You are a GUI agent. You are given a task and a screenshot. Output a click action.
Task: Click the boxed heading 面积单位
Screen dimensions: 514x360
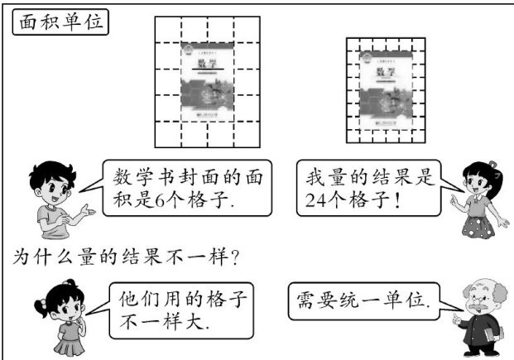click(x=60, y=23)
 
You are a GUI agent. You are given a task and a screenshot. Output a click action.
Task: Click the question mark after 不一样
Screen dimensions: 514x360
click(x=235, y=257)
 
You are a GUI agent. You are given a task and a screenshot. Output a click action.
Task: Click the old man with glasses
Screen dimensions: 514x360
click(x=474, y=319)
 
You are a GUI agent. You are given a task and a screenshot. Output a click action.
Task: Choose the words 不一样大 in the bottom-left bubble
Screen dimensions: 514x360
click(x=162, y=324)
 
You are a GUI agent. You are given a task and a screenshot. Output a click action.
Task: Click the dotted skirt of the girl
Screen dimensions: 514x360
click(x=480, y=224)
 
